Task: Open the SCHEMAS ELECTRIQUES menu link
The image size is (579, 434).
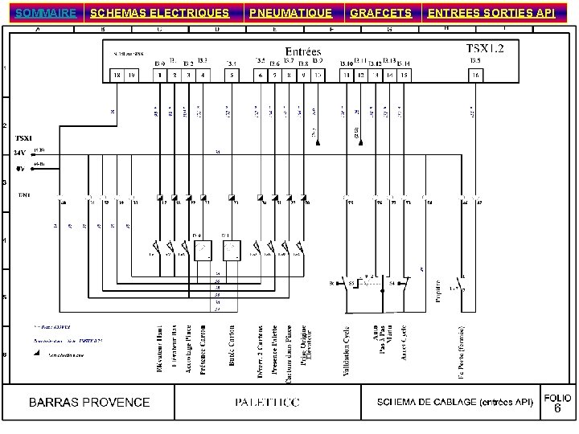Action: [x=159, y=13]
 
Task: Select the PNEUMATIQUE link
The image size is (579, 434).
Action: [x=290, y=13]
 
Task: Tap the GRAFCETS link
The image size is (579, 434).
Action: [x=381, y=13]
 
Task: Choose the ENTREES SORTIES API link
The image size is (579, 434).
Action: [x=491, y=13]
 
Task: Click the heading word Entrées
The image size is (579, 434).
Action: [x=303, y=51]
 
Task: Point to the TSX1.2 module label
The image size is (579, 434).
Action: [x=486, y=48]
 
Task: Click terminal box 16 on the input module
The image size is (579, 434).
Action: [x=476, y=75]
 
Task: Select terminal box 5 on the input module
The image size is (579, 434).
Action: [x=231, y=75]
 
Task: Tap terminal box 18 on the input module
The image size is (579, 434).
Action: [x=117, y=75]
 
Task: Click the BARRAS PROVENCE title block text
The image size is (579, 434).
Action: [x=90, y=402]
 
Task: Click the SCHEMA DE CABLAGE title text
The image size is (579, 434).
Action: [x=454, y=402]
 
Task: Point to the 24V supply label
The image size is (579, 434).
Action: [x=20, y=151]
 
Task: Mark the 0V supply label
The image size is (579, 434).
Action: [x=20, y=169]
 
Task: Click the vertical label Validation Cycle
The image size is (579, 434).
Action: [x=347, y=350]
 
